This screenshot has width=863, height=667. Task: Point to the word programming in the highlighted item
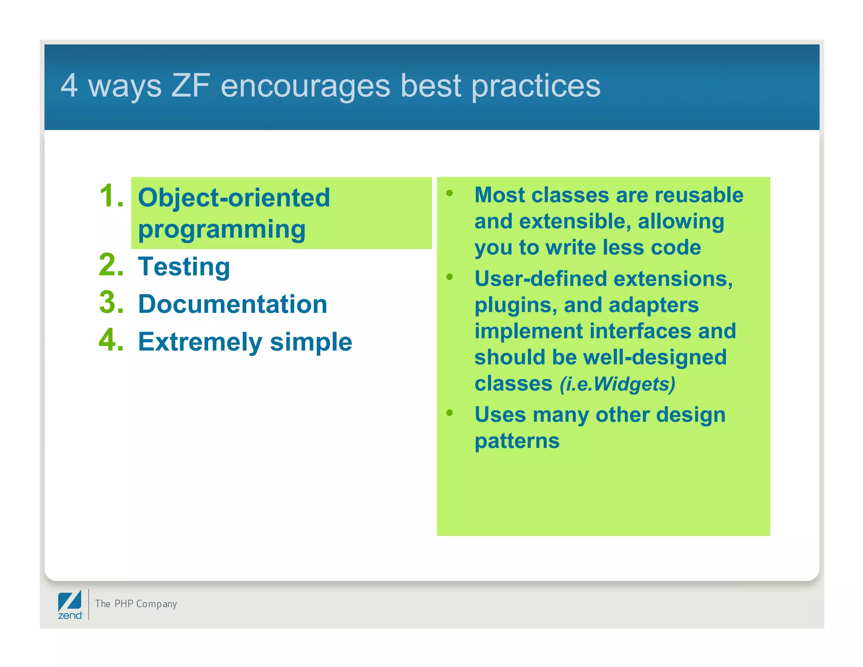click(222, 230)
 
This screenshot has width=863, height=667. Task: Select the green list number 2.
click(111, 265)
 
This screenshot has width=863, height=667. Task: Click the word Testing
click(184, 267)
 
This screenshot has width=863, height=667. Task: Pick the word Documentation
click(233, 304)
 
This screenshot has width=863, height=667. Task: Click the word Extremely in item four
click(200, 342)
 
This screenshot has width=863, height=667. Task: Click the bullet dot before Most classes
click(450, 194)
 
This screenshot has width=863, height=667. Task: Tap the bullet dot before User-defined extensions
click(450, 277)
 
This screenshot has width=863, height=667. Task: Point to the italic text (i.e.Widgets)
click(617, 384)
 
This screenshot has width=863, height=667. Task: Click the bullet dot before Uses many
click(450, 413)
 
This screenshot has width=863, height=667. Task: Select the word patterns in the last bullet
click(517, 441)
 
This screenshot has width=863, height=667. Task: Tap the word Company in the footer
click(156, 604)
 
